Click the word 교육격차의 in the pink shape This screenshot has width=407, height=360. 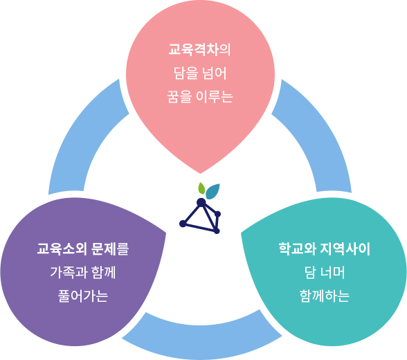pyautogui.click(x=199, y=50)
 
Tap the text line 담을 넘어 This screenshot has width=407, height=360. pyautogui.click(x=200, y=73)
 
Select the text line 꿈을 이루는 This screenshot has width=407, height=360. pyautogui.click(x=200, y=97)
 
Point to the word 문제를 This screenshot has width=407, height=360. pyautogui.click(x=110, y=249)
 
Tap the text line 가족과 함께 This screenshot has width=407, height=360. pyautogui.click(x=83, y=273)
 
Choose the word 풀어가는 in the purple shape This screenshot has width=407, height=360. pyautogui.click(x=83, y=296)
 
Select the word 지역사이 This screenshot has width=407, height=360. pyautogui.click(x=345, y=249)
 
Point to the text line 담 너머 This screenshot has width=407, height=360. pyautogui.click(x=325, y=273)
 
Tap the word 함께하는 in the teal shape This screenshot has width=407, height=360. pyautogui.click(x=325, y=296)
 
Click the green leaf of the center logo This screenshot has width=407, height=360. pyautogui.click(x=201, y=188)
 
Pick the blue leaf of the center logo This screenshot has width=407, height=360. pyautogui.click(x=213, y=192)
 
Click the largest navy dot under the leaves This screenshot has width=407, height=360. pyautogui.click(x=201, y=202)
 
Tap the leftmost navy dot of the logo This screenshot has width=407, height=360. pyautogui.click(x=183, y=224)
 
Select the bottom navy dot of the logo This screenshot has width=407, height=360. pyautogui.click(x=217, y=231)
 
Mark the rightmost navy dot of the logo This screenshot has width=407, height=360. pyautogui.click(x=218, y=214)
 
